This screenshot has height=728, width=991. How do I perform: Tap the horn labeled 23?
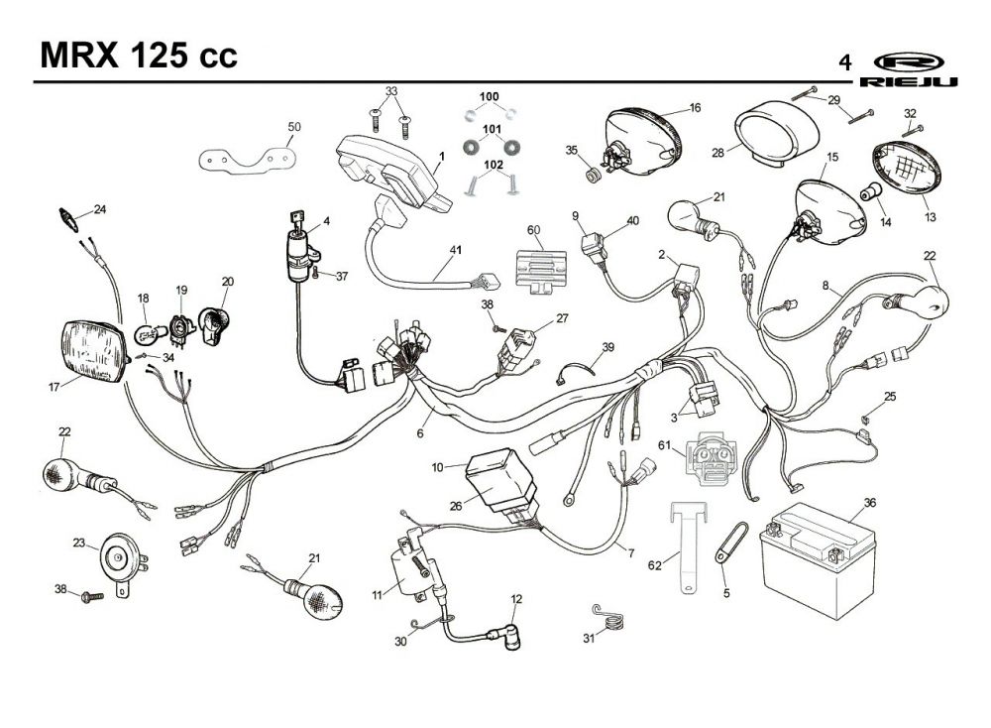123,560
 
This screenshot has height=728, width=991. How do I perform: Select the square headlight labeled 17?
95,352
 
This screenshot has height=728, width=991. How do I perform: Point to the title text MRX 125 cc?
139,55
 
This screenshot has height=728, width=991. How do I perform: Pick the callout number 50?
294,127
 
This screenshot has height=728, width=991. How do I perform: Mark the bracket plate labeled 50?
248,159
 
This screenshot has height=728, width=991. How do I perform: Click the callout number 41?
456,250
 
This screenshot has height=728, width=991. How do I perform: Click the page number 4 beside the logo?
844,62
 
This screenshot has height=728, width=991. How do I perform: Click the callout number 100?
489,97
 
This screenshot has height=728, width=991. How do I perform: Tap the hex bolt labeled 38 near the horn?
93,596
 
